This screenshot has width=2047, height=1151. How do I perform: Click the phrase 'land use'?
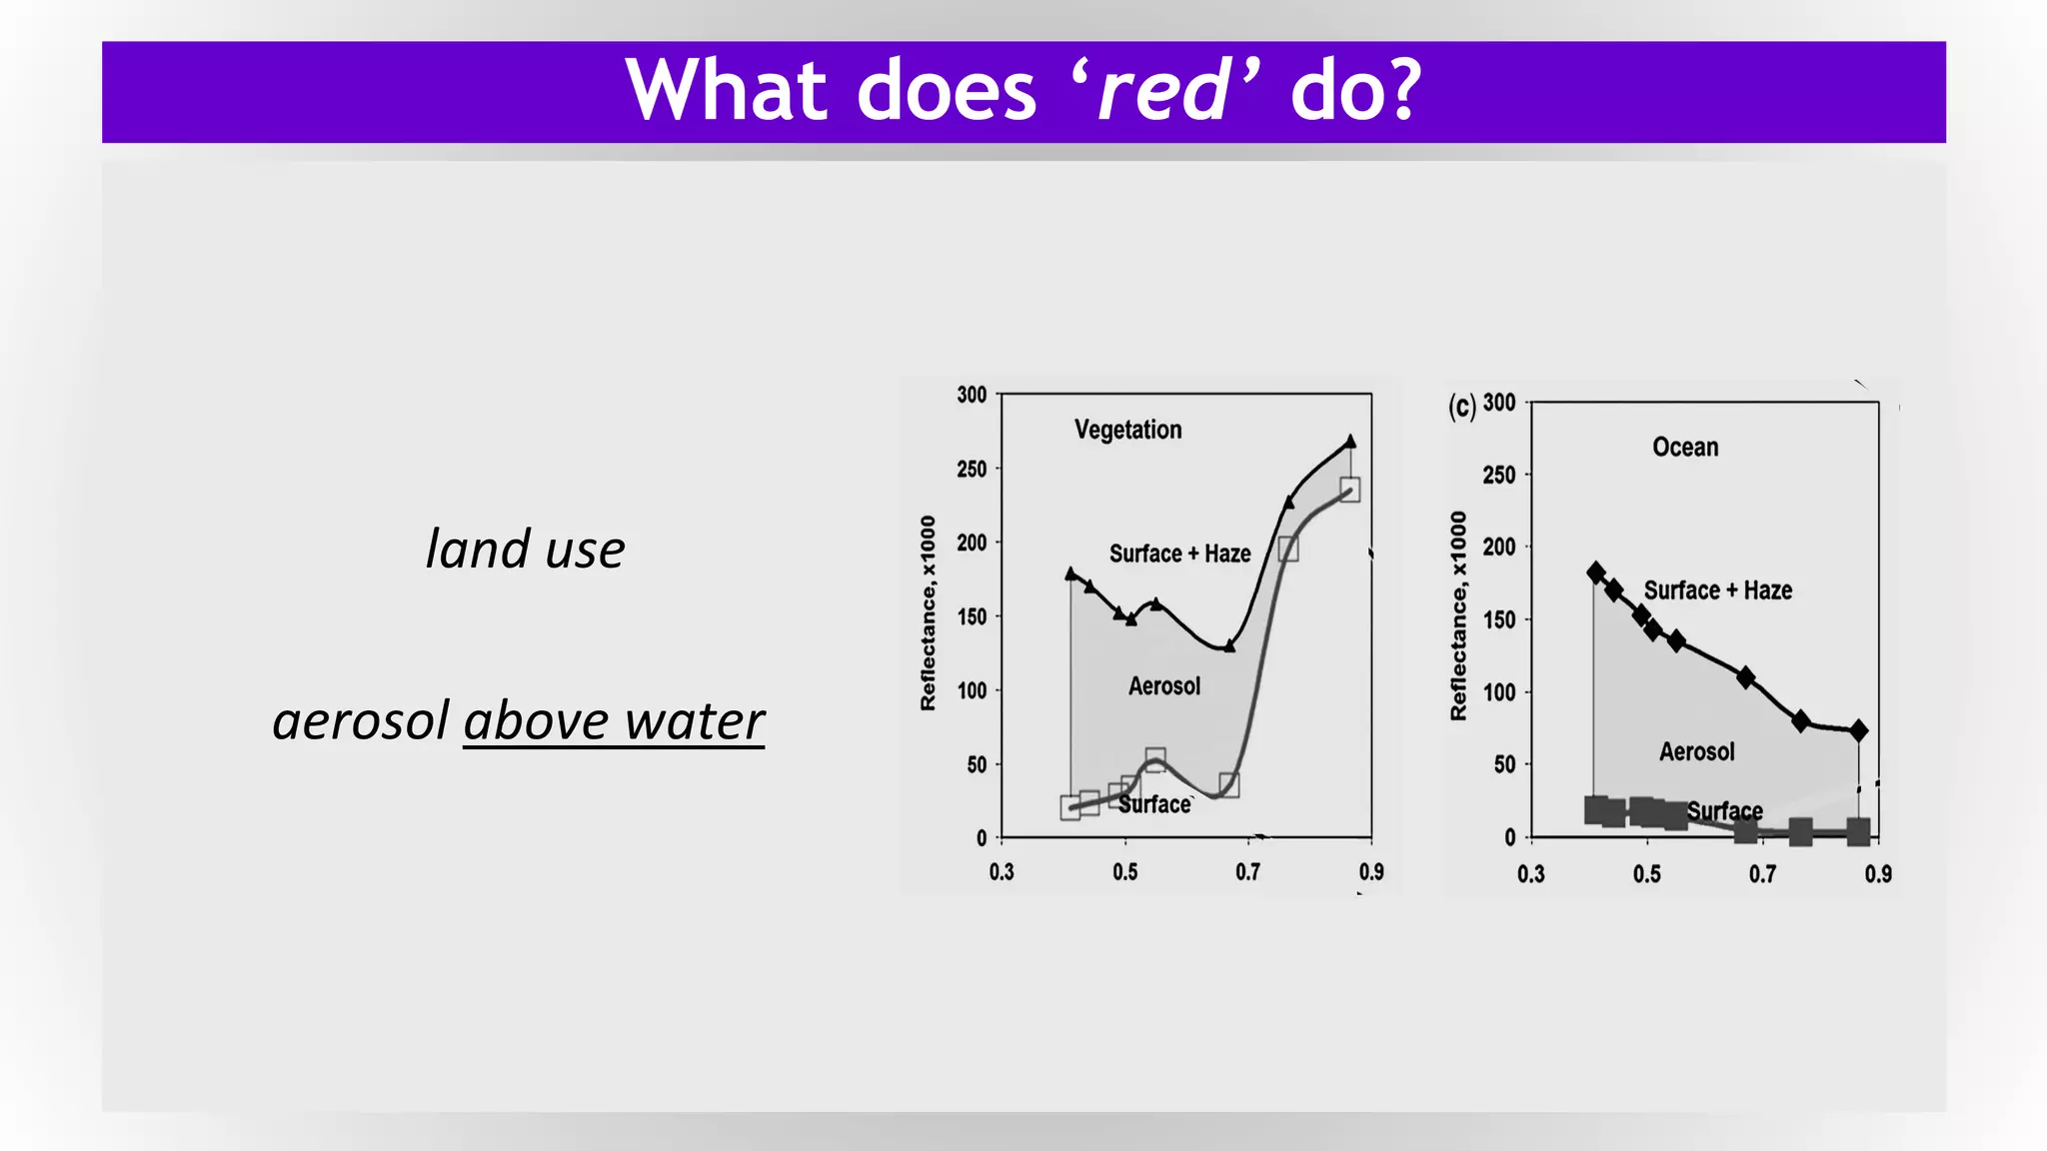coord(525,550)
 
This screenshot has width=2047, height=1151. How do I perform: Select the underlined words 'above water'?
coord(614,721)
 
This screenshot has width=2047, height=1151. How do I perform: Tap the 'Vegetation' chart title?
coord(1127,430)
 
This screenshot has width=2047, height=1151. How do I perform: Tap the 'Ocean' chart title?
coord(1685,447)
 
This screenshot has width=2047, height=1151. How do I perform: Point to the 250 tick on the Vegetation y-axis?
coord(972,469)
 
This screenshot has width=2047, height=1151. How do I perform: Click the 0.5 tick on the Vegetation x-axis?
coord(1125,872)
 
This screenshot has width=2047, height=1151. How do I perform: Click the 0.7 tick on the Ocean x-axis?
coord(1763,874)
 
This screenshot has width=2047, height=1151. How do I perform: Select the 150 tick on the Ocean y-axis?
coord(1499,619)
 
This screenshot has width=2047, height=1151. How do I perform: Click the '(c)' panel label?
coord(1461,406)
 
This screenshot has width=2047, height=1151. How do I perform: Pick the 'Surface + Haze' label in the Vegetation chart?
coord(1179,554)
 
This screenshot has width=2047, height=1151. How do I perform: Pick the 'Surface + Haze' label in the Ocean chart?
coord(1717,590)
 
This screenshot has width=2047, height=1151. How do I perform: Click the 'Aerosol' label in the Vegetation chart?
coord(1164,686)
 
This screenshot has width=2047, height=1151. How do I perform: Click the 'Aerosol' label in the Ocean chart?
coord(1696,751)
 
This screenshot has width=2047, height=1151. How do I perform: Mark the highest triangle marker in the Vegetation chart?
coord(1350,441)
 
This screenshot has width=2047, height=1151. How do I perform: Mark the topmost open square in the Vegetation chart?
coord(1349,490)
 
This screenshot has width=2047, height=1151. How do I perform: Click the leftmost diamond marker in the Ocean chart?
coord(1596,573)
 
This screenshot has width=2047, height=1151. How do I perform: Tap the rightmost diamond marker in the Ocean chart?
coord(1858,730)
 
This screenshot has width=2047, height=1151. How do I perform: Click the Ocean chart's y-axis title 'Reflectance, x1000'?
coord(1458,615)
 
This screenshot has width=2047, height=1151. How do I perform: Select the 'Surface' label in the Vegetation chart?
coord(1154,804)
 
